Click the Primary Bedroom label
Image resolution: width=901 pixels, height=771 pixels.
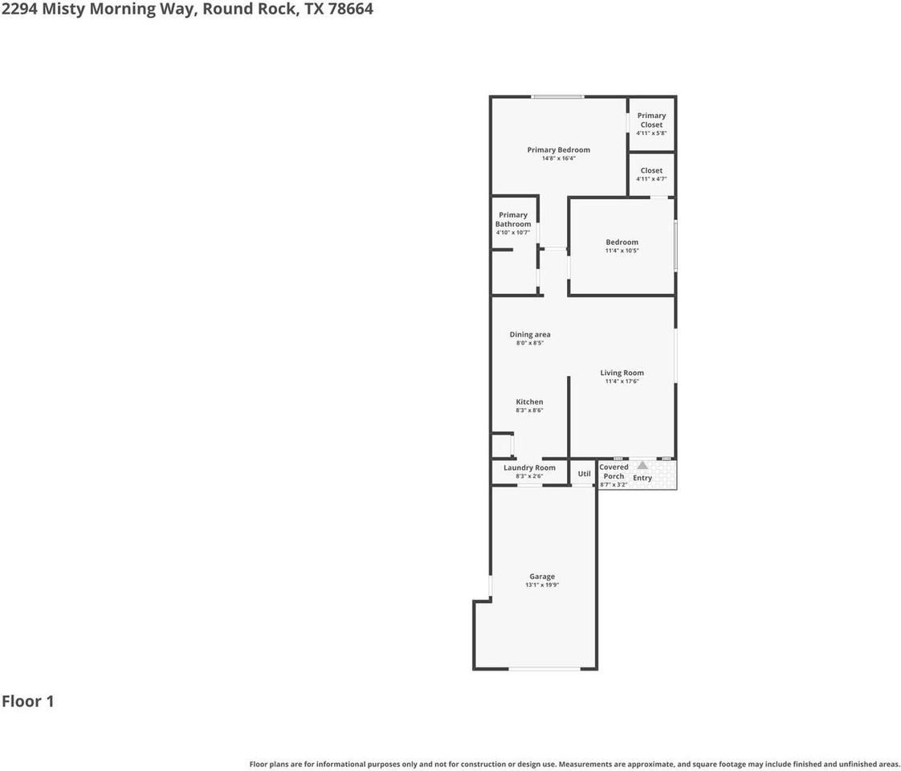[559, 150]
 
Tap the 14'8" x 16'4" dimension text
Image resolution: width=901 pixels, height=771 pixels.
[559, 158]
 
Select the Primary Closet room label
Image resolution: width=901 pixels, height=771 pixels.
[651, 120]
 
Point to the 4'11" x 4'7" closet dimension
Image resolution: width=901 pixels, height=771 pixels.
[651, 179]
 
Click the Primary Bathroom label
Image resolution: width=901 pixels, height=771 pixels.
[513, 219]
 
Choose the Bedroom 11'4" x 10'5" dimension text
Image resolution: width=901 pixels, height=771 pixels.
[622, 251]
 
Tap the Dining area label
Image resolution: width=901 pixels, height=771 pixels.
[530, 334]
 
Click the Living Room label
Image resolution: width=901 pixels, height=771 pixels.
[622, 373]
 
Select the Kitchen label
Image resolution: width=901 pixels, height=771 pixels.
[529, 402]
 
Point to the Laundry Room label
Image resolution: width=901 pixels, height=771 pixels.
[529, 467]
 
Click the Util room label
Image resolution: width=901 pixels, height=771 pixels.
[584, 474]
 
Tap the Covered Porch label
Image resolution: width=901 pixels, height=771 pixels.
[614, 471]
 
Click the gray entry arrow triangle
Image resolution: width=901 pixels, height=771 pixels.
[642, 465]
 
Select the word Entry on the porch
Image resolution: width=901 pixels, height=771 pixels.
[642, 478]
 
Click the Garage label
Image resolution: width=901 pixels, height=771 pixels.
[542, 577]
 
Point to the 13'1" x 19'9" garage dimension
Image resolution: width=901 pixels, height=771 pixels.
[542, 585]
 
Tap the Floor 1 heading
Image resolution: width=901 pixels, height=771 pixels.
[27, 701]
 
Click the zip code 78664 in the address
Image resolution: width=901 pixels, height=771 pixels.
[350, 9]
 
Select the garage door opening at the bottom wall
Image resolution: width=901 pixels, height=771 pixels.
[544, 669]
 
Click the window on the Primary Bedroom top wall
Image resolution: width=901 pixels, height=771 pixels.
[557, 97]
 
